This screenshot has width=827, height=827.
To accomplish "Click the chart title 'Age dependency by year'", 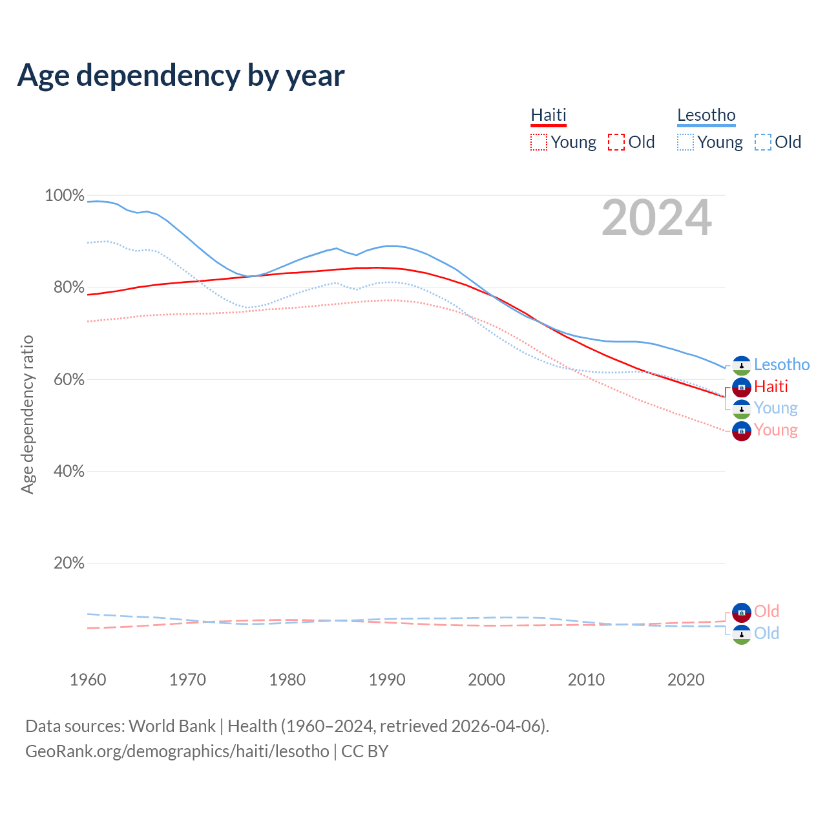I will [181, 76].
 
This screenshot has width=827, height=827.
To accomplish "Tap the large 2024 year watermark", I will [656, 218].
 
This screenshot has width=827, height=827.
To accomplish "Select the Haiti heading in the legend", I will [549, 115].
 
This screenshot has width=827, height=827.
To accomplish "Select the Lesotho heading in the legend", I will [706, 115].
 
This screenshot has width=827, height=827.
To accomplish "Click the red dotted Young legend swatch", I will [539, 142].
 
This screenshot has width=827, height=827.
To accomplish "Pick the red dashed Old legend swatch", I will [616, 142].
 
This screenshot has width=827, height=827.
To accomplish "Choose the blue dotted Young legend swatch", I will [686, 142].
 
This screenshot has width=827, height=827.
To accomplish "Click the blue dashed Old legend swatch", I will [763, 142].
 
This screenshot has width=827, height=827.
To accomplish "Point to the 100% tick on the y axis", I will [65, 195].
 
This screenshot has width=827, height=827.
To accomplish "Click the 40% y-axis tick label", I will [69, 472].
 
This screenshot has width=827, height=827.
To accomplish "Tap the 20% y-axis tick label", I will [69, 563].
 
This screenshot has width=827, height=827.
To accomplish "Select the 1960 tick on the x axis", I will [88, 680].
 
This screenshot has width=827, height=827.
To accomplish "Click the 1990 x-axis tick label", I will [387, 680].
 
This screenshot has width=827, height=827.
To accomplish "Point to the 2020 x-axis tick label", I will [686, 680].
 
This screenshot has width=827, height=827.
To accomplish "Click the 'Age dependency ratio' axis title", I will [27, 414].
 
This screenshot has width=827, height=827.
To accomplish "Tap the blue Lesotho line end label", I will [782, 365].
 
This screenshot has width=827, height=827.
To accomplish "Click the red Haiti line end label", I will [771, 386].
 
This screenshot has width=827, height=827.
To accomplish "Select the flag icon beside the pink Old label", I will [742, 612].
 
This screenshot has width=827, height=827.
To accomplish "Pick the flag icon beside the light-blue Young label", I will [742, 409].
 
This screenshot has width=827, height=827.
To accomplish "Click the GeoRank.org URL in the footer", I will [177, 751].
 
